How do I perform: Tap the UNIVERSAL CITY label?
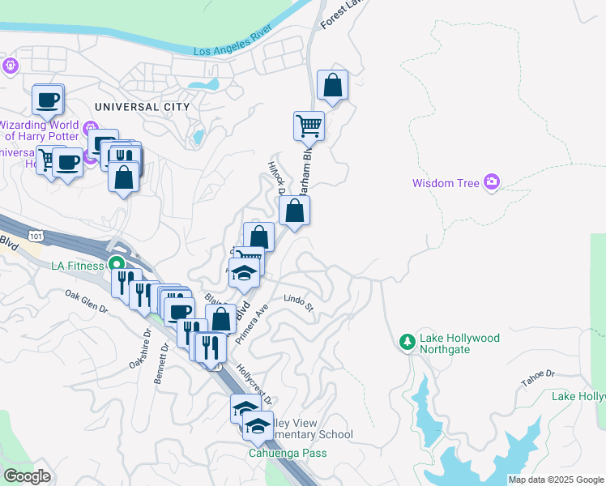pos(142,107)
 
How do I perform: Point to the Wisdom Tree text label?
pos(446,183)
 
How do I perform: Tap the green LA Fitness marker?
pos(117,265)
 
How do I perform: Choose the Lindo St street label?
pos(298,303)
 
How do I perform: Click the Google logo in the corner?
pos(27,476)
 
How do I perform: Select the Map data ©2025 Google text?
pos(556,480)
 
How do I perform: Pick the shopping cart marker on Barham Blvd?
pos(309,126)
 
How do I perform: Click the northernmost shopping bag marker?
pos(332,83)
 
